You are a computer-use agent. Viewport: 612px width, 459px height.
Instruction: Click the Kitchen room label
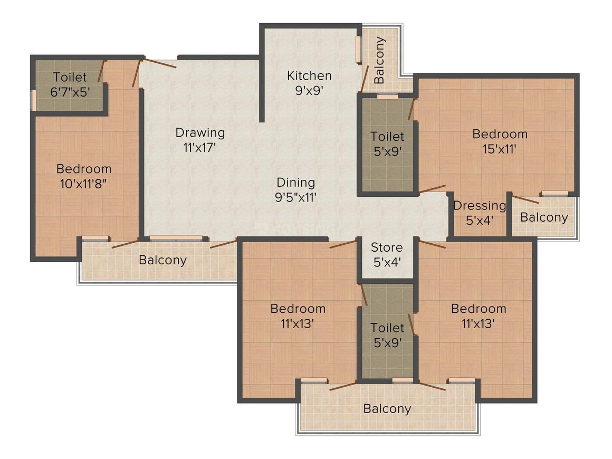309,75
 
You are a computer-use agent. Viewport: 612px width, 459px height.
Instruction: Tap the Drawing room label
200,133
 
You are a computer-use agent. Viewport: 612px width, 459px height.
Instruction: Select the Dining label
295,183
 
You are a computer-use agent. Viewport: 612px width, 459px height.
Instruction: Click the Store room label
387,247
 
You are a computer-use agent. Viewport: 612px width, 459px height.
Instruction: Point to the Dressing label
480,206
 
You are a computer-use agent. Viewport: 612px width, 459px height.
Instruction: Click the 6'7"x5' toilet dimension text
70,92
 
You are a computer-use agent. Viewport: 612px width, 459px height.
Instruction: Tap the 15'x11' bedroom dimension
500,149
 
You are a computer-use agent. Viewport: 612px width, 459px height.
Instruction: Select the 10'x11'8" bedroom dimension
83,184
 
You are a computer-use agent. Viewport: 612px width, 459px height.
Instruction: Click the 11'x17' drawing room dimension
200,148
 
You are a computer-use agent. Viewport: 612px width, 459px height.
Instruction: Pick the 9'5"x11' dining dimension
295,197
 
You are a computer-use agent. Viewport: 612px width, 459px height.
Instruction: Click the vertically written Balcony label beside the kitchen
379,60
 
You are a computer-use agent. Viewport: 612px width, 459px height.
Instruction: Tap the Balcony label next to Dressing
544,217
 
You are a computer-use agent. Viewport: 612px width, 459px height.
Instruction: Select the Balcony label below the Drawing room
162,260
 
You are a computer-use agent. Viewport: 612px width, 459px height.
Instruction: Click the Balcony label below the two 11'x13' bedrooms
387,409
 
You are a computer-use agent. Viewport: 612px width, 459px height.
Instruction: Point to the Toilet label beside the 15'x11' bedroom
387,137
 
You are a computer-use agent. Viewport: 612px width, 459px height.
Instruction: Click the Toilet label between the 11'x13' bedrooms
387,328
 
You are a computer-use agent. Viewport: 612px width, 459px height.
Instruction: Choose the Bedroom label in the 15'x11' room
500,134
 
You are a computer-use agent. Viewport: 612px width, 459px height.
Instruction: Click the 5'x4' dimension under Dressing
480,221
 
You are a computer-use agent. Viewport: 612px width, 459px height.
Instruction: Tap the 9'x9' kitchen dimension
309,91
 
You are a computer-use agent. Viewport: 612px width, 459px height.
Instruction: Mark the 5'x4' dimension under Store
387,262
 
